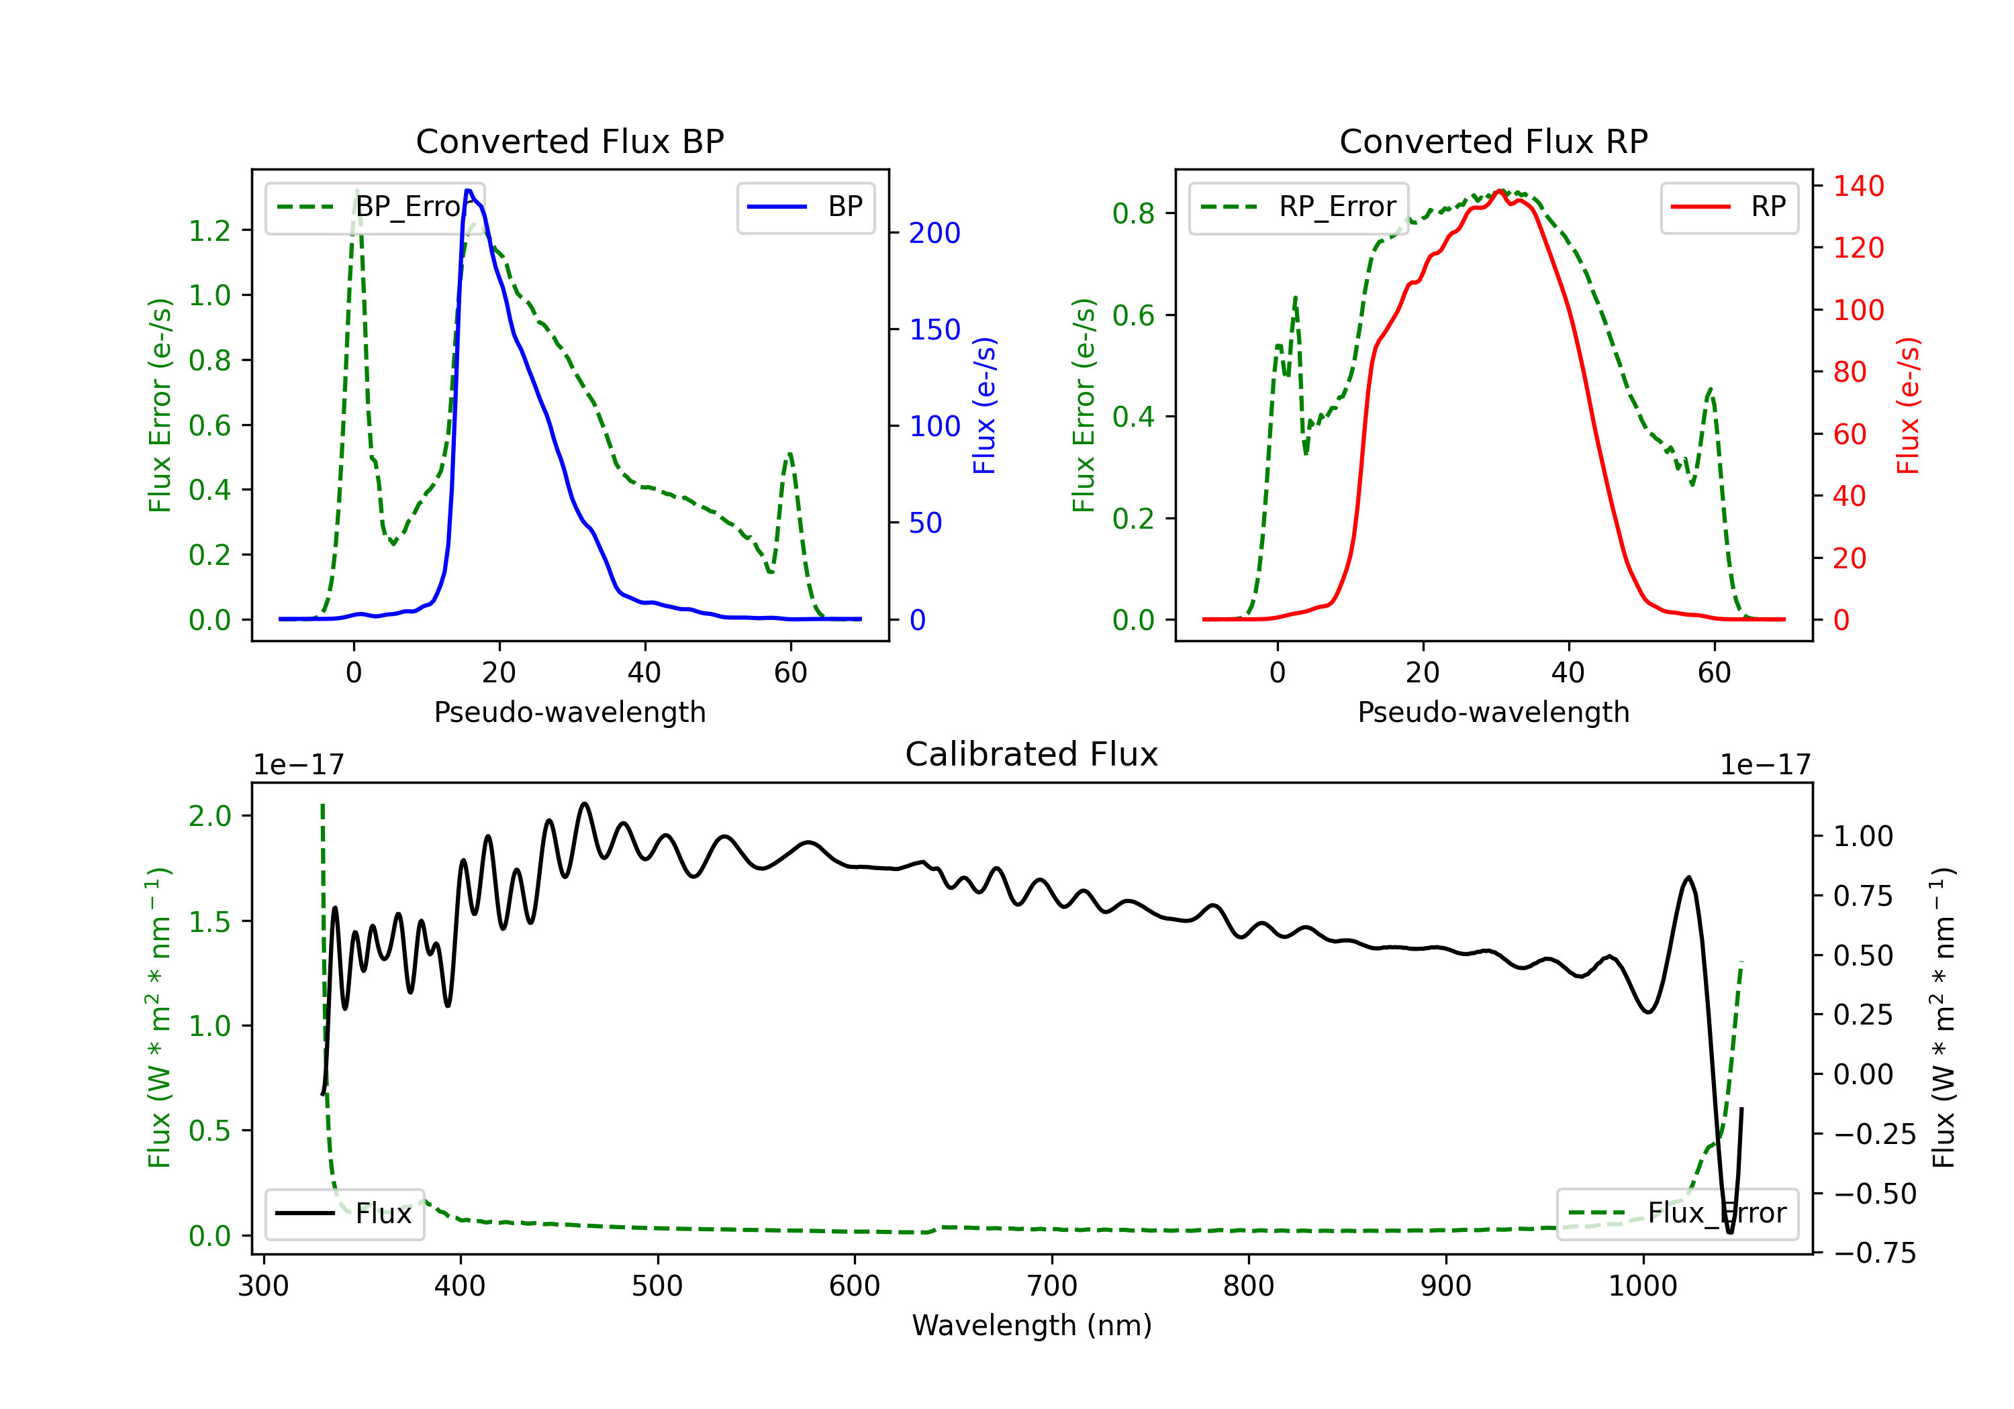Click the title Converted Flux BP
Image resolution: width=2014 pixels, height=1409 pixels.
tap(569, 141)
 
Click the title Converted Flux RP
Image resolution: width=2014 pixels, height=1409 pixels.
tap(1493, 141)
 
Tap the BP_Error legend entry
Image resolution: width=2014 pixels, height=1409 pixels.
tap(375, 207)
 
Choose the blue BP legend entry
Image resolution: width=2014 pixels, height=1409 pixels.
tap(805, 207)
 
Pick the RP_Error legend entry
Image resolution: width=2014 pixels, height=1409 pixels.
tap(1298, 207)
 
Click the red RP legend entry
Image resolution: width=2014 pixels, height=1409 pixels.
tap(1728, 207)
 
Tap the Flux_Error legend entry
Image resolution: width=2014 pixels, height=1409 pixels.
tap(1676, 1214)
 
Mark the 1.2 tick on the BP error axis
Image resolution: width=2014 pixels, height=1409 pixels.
tap(209, 231)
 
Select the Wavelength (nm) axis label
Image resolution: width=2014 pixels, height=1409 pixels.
tap(1032, 1325)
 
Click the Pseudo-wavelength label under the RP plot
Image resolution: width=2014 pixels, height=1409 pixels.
tap(1493, 712)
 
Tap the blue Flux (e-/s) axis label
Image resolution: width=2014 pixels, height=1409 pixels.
tap(984, 405)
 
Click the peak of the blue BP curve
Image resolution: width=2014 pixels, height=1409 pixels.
tap(469, 191)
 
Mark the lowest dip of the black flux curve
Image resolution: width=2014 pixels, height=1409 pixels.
tap(1730, 1233)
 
